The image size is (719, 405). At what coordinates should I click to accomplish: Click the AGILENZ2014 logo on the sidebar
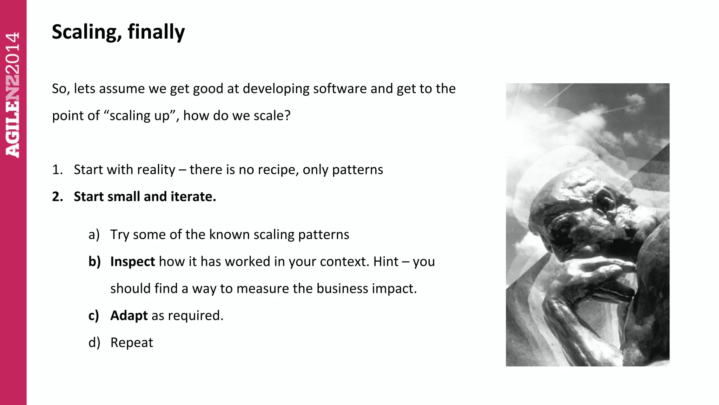tap(13, 95)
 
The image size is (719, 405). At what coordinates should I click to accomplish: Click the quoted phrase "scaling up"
tap(142, 116)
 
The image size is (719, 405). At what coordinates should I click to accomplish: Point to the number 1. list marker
tap(57, 170)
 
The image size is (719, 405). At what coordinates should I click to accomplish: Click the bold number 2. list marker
tap(58, 197)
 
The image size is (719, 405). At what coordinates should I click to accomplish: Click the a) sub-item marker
tap(94, 234)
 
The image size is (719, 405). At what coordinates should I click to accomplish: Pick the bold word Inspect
tap(132, 262)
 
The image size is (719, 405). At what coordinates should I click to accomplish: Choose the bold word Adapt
tap(129, 316)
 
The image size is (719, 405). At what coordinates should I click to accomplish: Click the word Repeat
tap(132, 343)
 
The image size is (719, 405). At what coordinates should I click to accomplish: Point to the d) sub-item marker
tap(94, 343)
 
